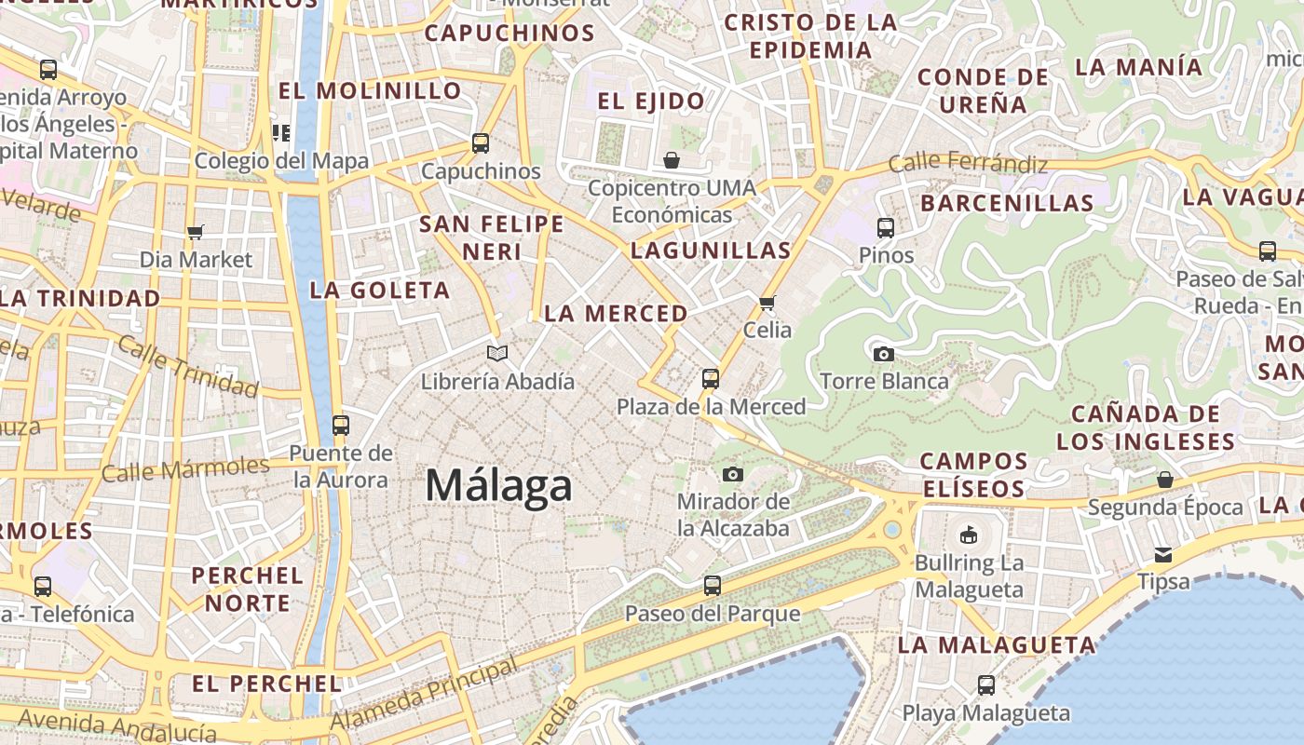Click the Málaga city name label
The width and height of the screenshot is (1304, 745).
(x=498, y=486)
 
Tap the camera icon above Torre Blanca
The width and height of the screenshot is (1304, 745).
(x=883, y=354)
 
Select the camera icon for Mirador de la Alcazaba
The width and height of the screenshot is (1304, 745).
(x=733, y=474)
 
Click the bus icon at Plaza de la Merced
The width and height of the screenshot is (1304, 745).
(x=711, y=378)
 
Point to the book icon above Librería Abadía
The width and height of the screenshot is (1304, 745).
(x=497, y=353)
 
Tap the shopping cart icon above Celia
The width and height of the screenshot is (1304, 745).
(x=767, y=303)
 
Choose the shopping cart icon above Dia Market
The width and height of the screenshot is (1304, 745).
(x=196, y=232)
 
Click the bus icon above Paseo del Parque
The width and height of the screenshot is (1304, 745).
(x=713, y=585)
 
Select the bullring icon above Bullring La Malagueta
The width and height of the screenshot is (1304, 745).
(x=969, y=535)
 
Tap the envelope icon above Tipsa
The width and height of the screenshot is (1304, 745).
(x=1163, y=554)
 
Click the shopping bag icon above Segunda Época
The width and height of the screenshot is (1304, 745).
(x=1165, y=480)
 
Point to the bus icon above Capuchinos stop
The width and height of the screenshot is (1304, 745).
(x=481, y=142)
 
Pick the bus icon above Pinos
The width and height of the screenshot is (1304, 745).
(x=886, y=226)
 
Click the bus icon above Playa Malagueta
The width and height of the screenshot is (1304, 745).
(x=986, y=684)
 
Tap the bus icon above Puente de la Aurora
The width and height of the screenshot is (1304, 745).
(x=341, y=425)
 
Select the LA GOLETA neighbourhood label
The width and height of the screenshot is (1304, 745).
(x=380, y=290)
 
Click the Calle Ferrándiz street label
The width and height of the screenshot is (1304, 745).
(x=968, y=164)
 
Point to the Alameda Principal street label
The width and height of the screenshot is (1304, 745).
(x=424, y=694)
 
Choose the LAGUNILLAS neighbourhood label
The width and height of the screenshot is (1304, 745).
(x=711, y=250)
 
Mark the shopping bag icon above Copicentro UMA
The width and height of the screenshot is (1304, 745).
(x=672, y=160)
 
